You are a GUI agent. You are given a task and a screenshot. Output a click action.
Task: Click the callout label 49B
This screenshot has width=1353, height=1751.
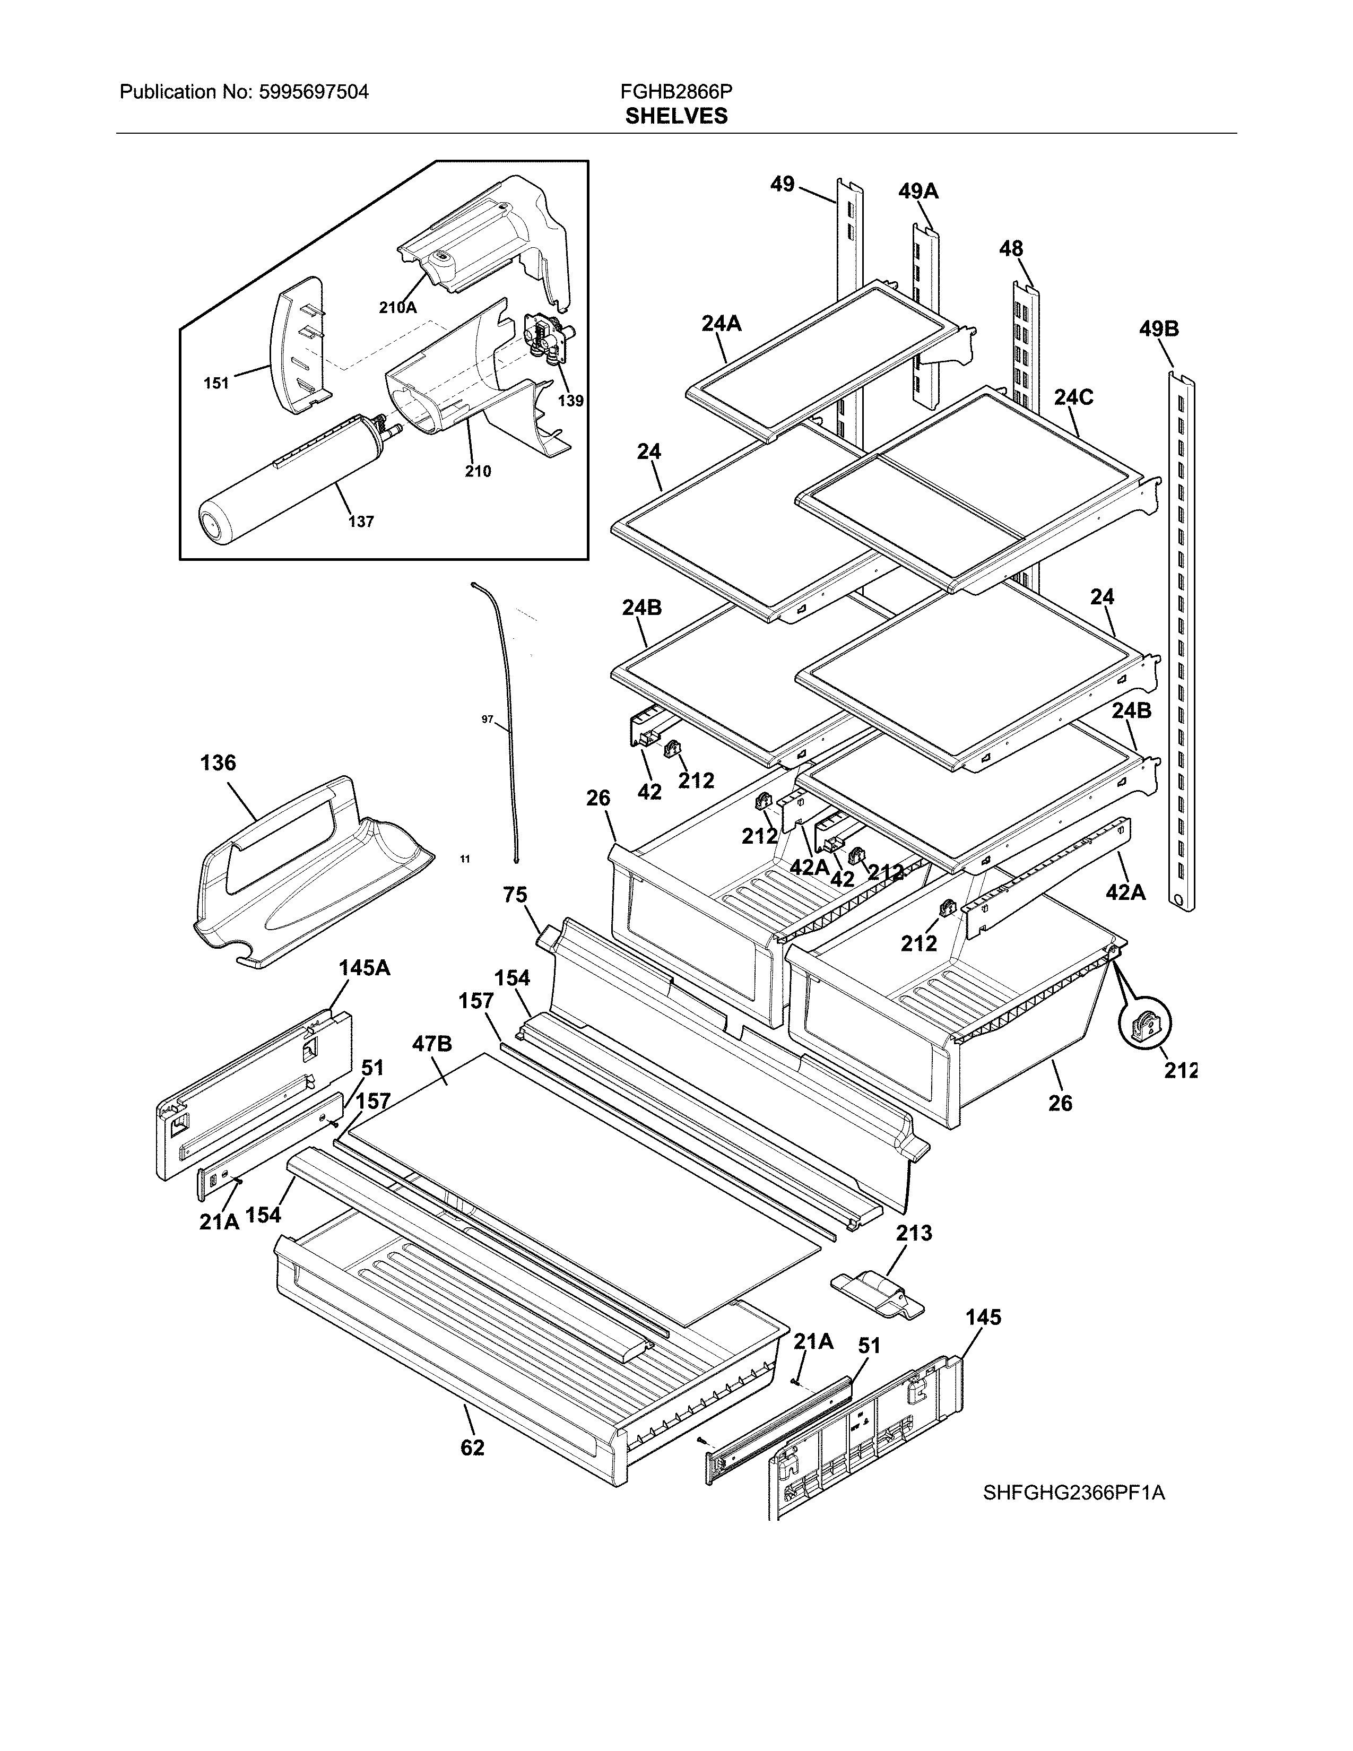pyautogui.click(x=1158, y=330)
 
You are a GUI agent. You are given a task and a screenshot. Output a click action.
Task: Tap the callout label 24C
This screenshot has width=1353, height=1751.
pyautogui.click(x=1073, y=397)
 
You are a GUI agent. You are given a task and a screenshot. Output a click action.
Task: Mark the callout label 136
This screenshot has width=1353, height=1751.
pyautogui.click(x=218, y=762)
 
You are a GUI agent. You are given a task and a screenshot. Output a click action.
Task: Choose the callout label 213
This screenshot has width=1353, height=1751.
pyautogui.click(x=914, y=1233)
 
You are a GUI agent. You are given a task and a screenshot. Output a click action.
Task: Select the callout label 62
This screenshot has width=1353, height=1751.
pyautogui.click(x=472, y=1448)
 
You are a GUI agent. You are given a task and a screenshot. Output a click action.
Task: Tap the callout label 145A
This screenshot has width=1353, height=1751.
pyautogui.click(x=364, y=968)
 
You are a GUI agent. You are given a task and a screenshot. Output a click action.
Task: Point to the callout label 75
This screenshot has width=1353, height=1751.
pyautogui.click(x=515, y=895)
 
